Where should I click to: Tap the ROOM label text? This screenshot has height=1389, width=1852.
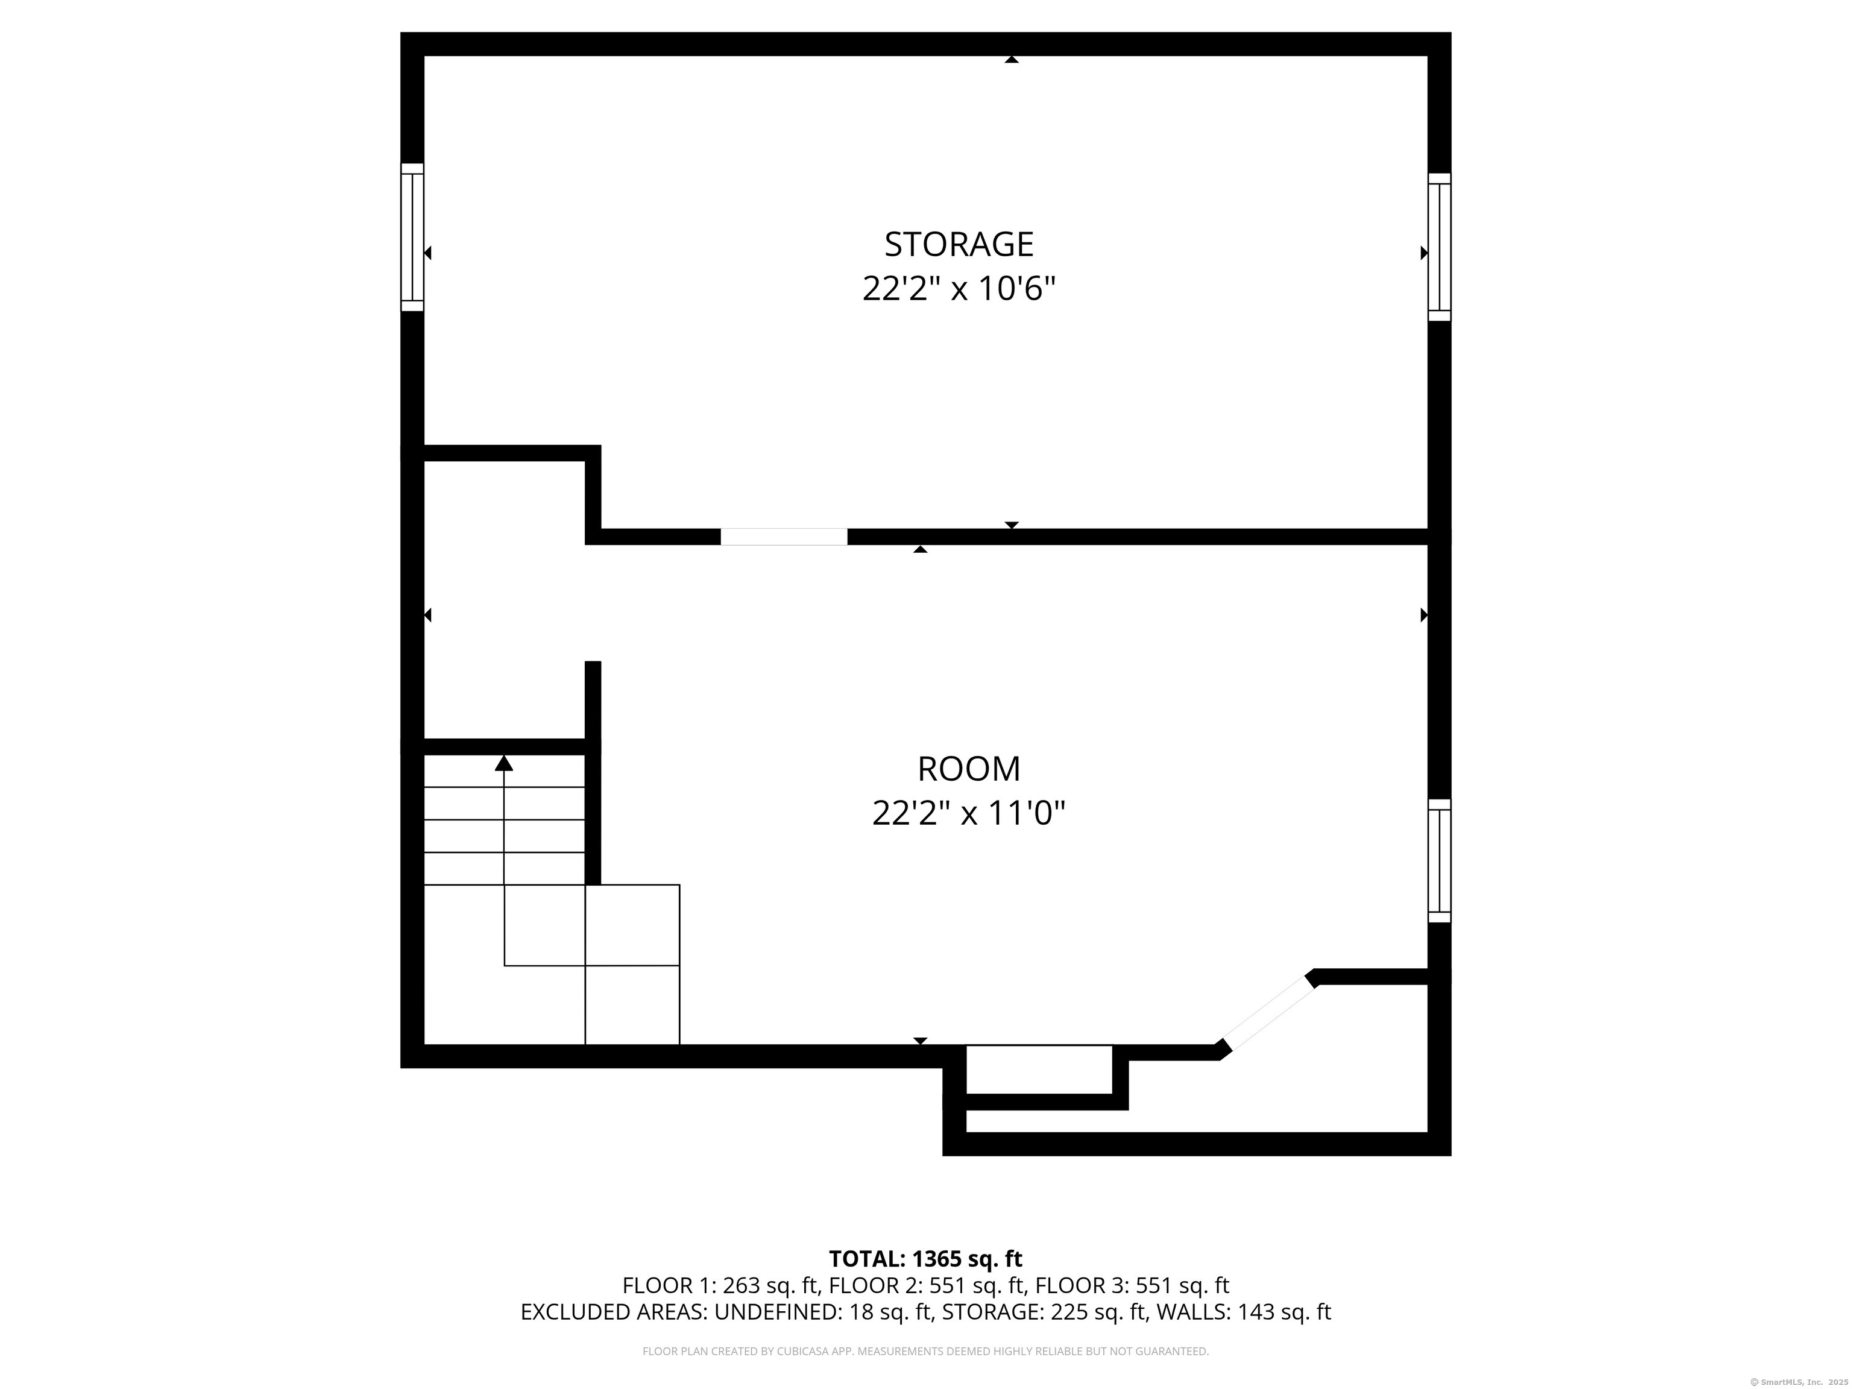coord(969,769)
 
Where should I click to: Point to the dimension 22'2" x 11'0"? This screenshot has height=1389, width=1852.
coord(969,813)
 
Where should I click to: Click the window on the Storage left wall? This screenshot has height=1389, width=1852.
coord(412,237)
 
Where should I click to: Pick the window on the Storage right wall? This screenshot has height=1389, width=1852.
coord(1439,247)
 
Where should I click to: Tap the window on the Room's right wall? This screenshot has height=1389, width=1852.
coord(1439,861)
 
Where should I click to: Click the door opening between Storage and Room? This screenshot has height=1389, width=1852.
coord(784,537)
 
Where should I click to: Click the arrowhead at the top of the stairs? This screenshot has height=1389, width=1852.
coord(503,763)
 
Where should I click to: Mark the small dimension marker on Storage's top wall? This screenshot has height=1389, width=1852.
coord(1012,60)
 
